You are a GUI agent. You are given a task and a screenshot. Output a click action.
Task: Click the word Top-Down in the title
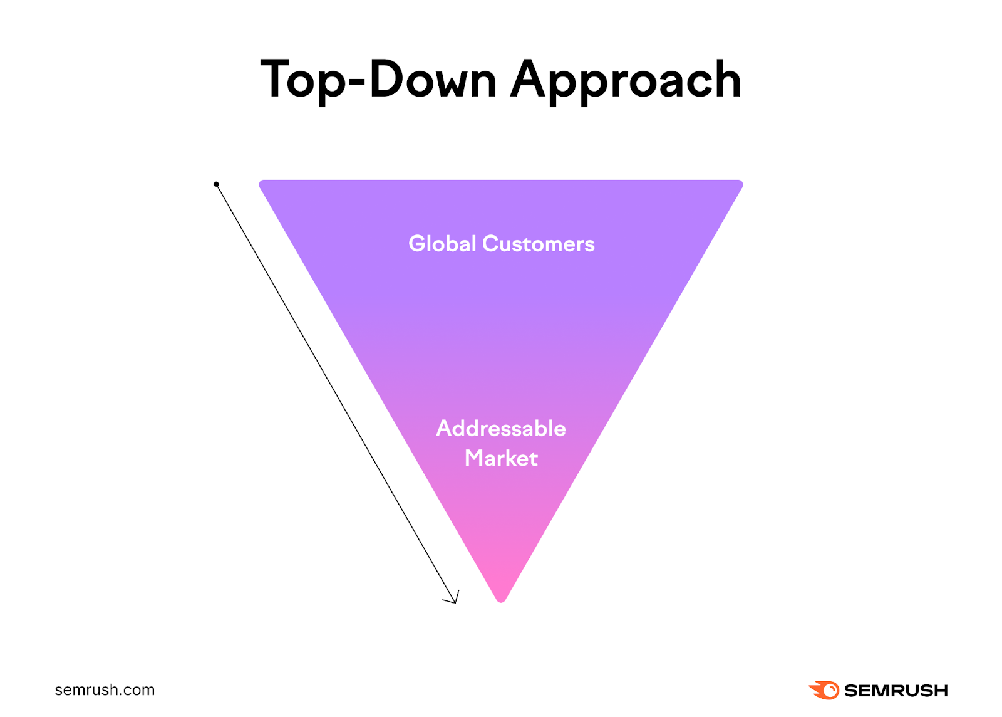click(x=378, y=80)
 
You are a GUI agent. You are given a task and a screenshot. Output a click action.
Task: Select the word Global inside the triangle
click(x=442, y=244)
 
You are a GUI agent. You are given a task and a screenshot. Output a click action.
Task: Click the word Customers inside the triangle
click(x=539, y=244)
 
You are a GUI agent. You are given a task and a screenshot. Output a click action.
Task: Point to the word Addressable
click(x=501, y=429)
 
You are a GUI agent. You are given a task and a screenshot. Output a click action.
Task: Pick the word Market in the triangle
click(x=501, y=458)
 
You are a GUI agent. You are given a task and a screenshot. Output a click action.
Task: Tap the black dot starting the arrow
click(x=216, y=184)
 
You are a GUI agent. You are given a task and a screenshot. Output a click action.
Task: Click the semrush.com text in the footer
click(x=105, y=690)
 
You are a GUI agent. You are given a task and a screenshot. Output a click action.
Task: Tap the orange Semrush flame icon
click(x=824, y=690)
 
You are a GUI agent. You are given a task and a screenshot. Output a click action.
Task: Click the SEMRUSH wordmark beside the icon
click(x=896, y=691)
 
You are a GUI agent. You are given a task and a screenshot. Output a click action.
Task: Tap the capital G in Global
click(x=417, y=244)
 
